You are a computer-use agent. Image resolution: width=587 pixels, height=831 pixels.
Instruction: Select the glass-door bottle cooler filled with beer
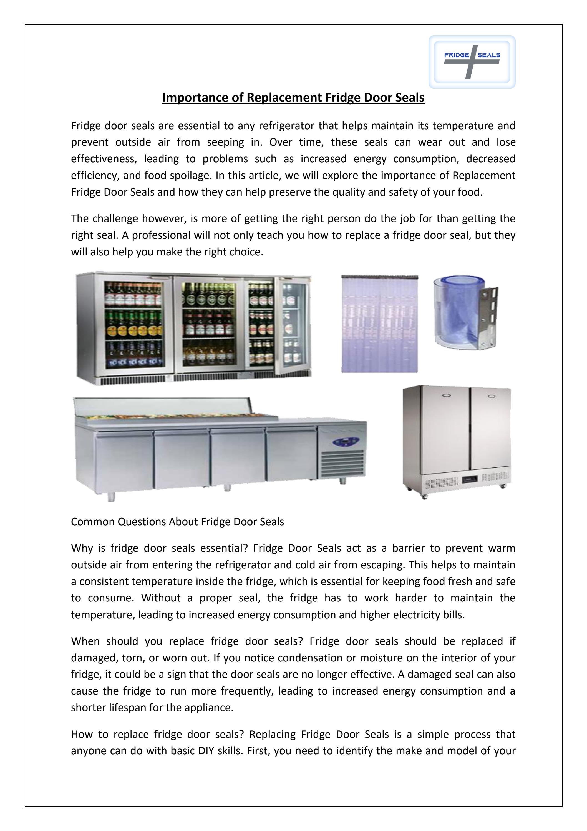pos(193,328)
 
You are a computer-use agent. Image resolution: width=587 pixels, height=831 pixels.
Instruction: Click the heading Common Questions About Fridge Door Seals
pos(177,522)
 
